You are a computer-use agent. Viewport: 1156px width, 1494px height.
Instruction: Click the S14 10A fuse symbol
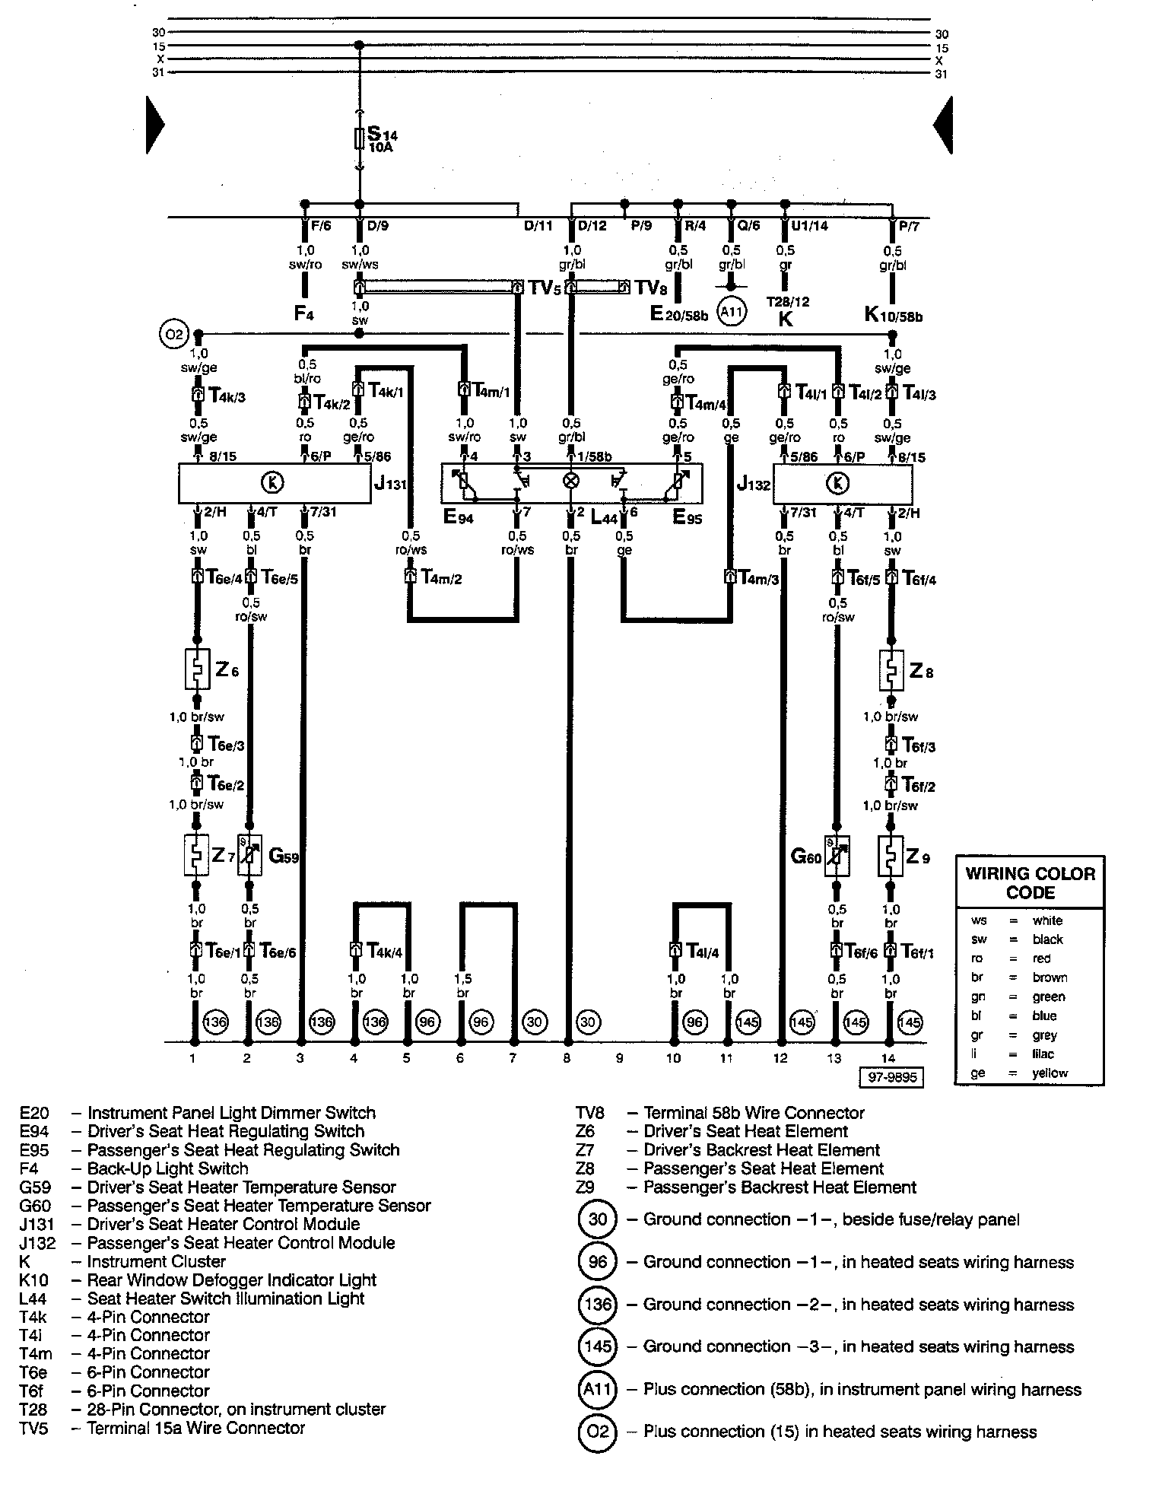(360, 138)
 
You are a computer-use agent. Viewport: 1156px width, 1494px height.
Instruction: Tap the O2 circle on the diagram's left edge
(172, 334)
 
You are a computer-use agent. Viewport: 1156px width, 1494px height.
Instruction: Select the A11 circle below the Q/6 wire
(732, 310)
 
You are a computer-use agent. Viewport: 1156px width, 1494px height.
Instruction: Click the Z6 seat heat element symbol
(197, 669)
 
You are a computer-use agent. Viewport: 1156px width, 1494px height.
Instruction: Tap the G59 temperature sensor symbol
(250, 856)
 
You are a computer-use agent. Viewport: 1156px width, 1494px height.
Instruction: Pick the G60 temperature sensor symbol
(837, 856)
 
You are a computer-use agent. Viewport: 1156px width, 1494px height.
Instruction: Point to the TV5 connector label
(545, 288)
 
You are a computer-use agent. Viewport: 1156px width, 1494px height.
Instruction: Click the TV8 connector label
(652, 288)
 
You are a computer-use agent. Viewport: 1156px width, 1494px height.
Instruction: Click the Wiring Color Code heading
(1030, 882)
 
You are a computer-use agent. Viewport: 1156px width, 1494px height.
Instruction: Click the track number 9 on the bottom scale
(620, 1058)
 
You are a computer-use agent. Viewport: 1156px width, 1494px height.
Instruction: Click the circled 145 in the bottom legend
(598, 1346)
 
